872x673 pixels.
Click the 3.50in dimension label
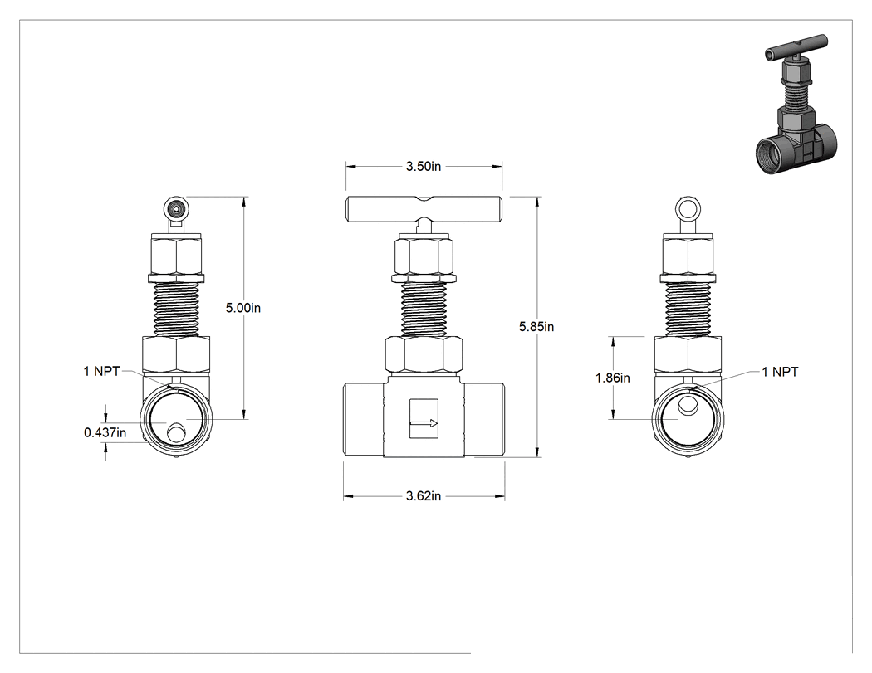pyautogui.click(x=424, y=166)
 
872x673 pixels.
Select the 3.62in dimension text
pyautogui.click(x=424, y=495)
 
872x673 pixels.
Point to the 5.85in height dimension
pyautogui.click(x=536, y=327)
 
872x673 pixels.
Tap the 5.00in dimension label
pyautogui.click(x=243, y=308)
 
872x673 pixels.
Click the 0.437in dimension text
pyautogui.click(x=105, y=432)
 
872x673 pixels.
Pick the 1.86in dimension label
pyautogui.click(x=613, y=378)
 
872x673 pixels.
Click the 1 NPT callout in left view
pyautogui.click(x=102, y=371)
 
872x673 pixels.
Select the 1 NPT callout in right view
pyautogui.click(x=780, y=372)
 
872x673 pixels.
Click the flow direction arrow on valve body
pyautogui.click(x=424, y=423)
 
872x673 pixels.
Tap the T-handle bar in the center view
pyautogui.click(x=424, y=209)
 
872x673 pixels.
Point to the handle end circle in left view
pyautogui.click(x=177, y=209)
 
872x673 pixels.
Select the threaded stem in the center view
pyautogui.click(x=424, y=309)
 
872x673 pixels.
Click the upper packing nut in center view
pyautogui.click(x=424, y=256)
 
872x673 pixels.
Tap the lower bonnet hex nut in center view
pyautogui.click(x=424, y=354)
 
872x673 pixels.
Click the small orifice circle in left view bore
pyautogui.click(x=178, y=432)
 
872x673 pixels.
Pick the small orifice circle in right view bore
pyautogui.click(x=688, y=405)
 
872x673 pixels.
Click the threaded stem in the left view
pyautogui.click(x=176, y=309)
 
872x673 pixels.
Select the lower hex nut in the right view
pyautogui.click(x=688, y=354)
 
